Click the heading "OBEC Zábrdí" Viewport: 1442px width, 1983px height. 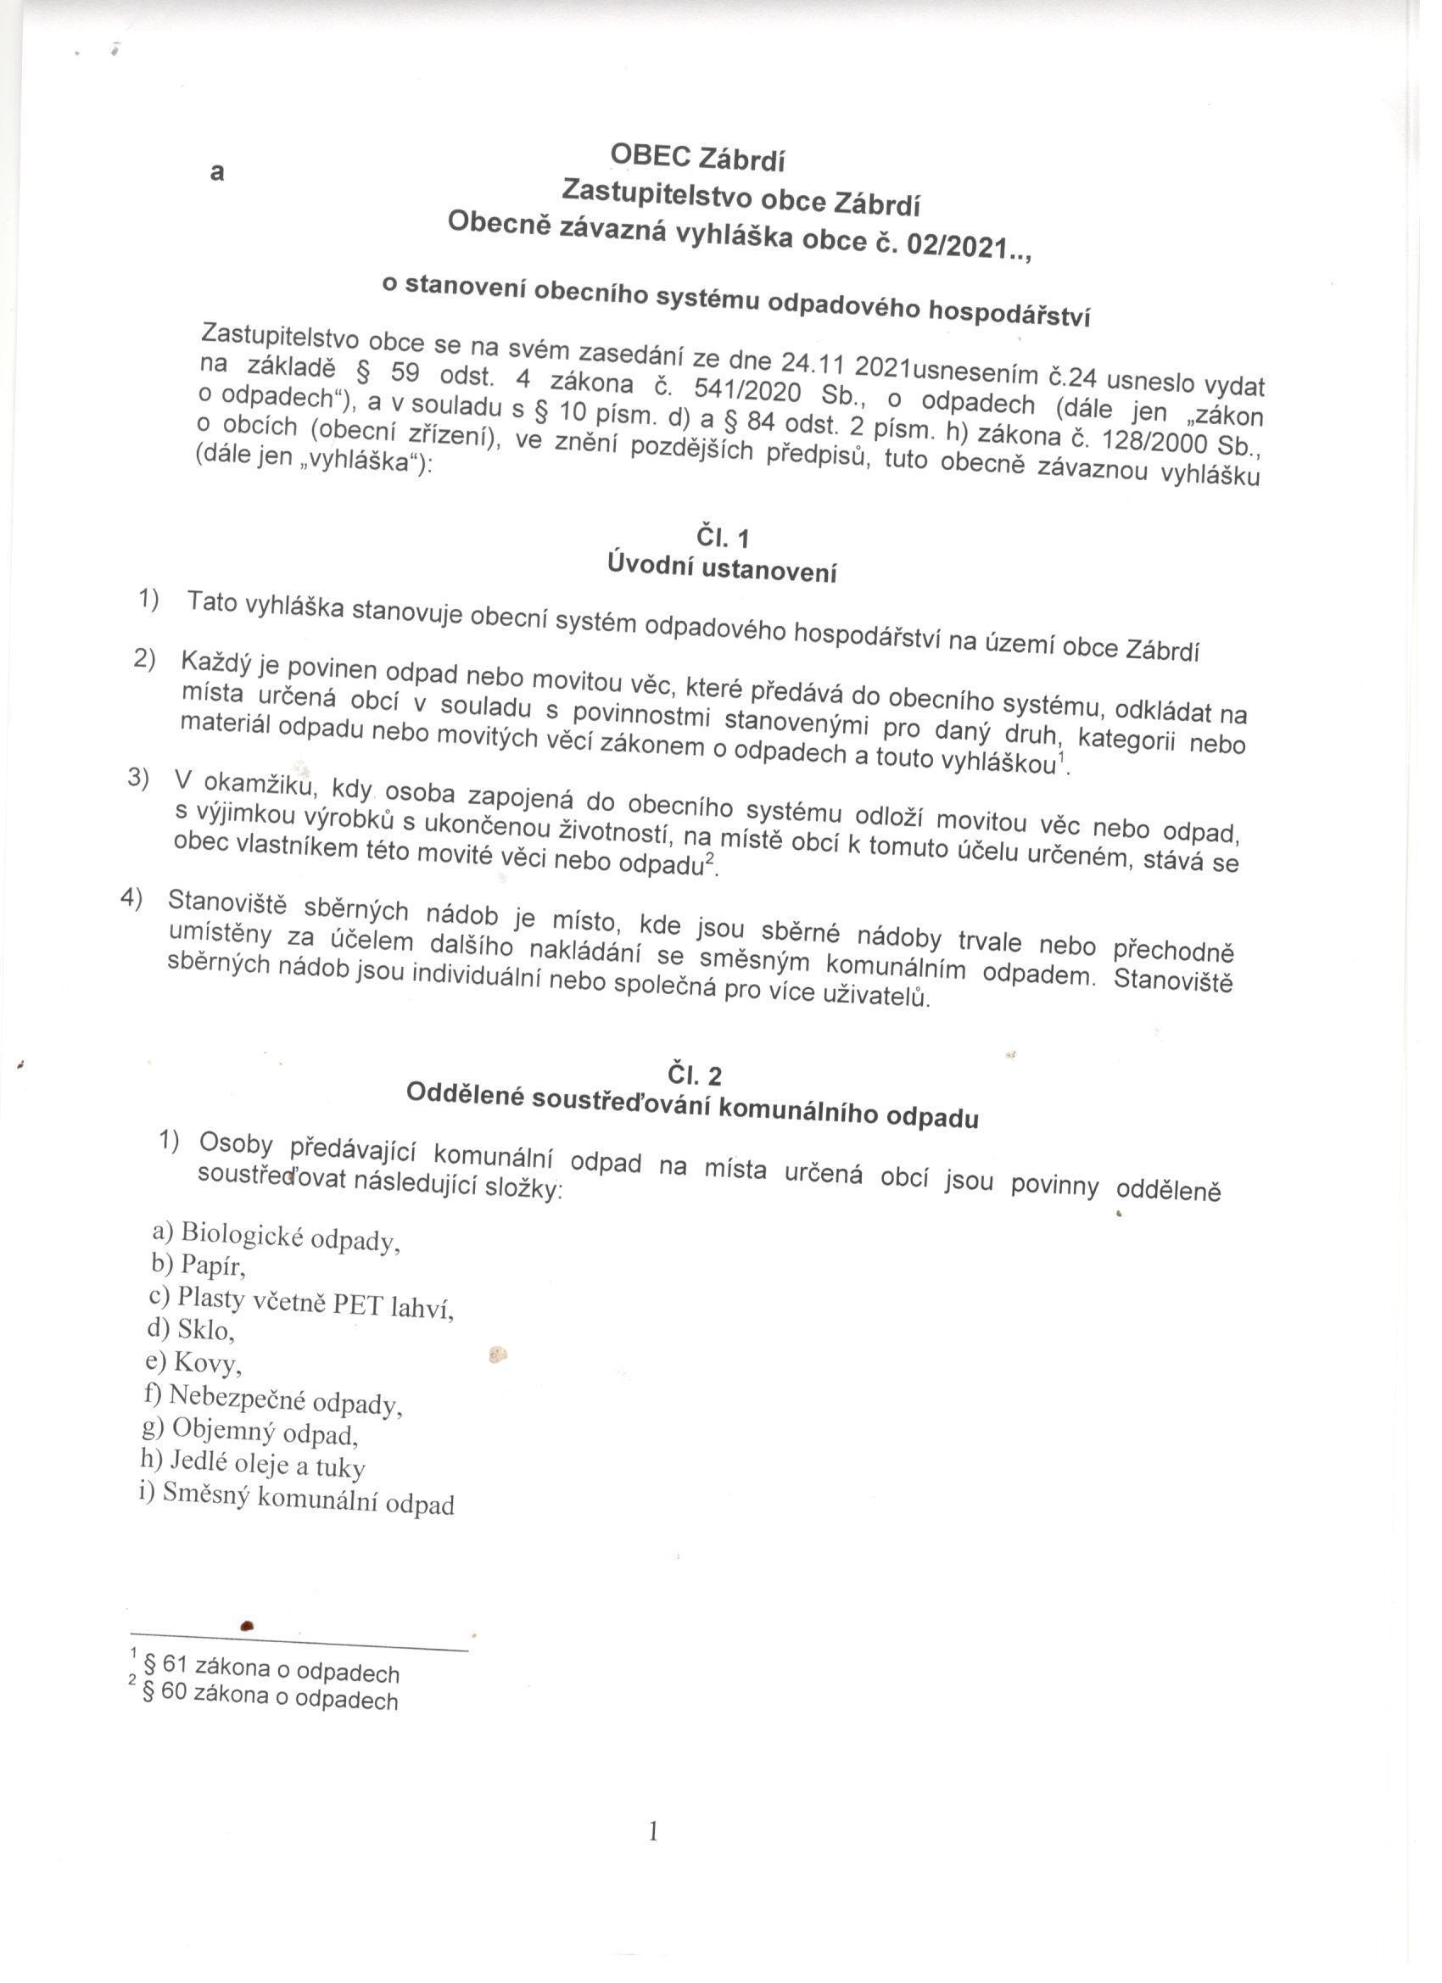[x=697, y=159]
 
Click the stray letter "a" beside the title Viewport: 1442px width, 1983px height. [x=217, y=173]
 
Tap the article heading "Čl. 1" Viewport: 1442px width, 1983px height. [x=723, y=536]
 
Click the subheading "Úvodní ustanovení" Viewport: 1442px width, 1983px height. [x=722, y=568]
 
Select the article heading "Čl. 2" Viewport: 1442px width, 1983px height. [x=695, y=1075]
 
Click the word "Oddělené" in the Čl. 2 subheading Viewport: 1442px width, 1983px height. [x=463, y=1093]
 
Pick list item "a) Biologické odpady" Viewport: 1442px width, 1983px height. [x=277, y=1236]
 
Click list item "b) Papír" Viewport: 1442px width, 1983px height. [x=199, y=1265]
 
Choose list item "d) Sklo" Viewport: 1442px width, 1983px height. [x=192, y=1329]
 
